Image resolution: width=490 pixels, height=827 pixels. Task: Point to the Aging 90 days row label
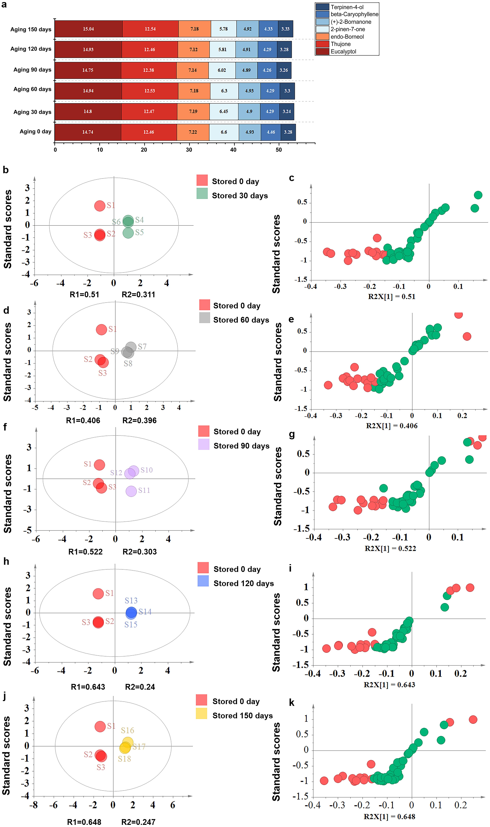[32, 70]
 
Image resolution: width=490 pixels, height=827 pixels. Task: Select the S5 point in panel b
[128, 233]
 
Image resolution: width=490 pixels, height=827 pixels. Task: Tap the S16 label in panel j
[128, 730]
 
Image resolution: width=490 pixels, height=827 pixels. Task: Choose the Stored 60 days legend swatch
[205, 318]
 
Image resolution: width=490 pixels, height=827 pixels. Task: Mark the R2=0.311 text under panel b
[138, 295]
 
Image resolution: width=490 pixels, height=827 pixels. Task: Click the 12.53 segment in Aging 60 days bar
[150, 91]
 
